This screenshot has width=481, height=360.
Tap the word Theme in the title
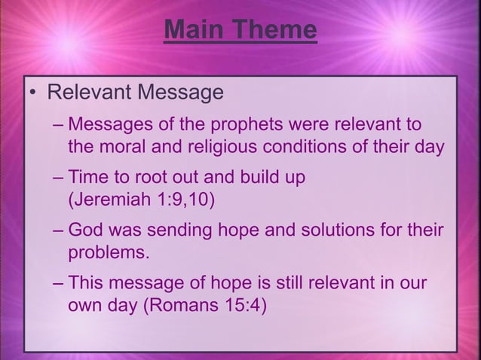click(x=274, y=31)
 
